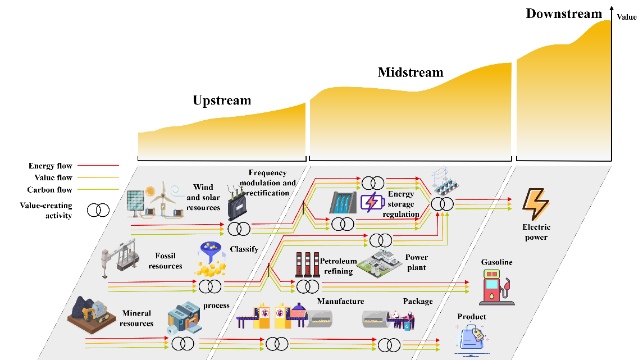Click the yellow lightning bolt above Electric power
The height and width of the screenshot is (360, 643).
point(536,204)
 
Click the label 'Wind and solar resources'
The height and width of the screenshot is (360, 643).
point(203,197)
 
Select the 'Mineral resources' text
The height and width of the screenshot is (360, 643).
point(136,318)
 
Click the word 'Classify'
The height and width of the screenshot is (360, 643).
point(244,249)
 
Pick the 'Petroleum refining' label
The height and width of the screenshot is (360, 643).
point(338,266)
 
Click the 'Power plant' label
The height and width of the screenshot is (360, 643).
point(416,262)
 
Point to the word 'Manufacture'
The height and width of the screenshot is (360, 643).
point(340,302)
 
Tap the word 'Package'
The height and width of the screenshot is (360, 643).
point(418,302)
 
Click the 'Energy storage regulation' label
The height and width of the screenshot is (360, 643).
point(401,204)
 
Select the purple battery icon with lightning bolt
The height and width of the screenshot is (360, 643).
point(371,202)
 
